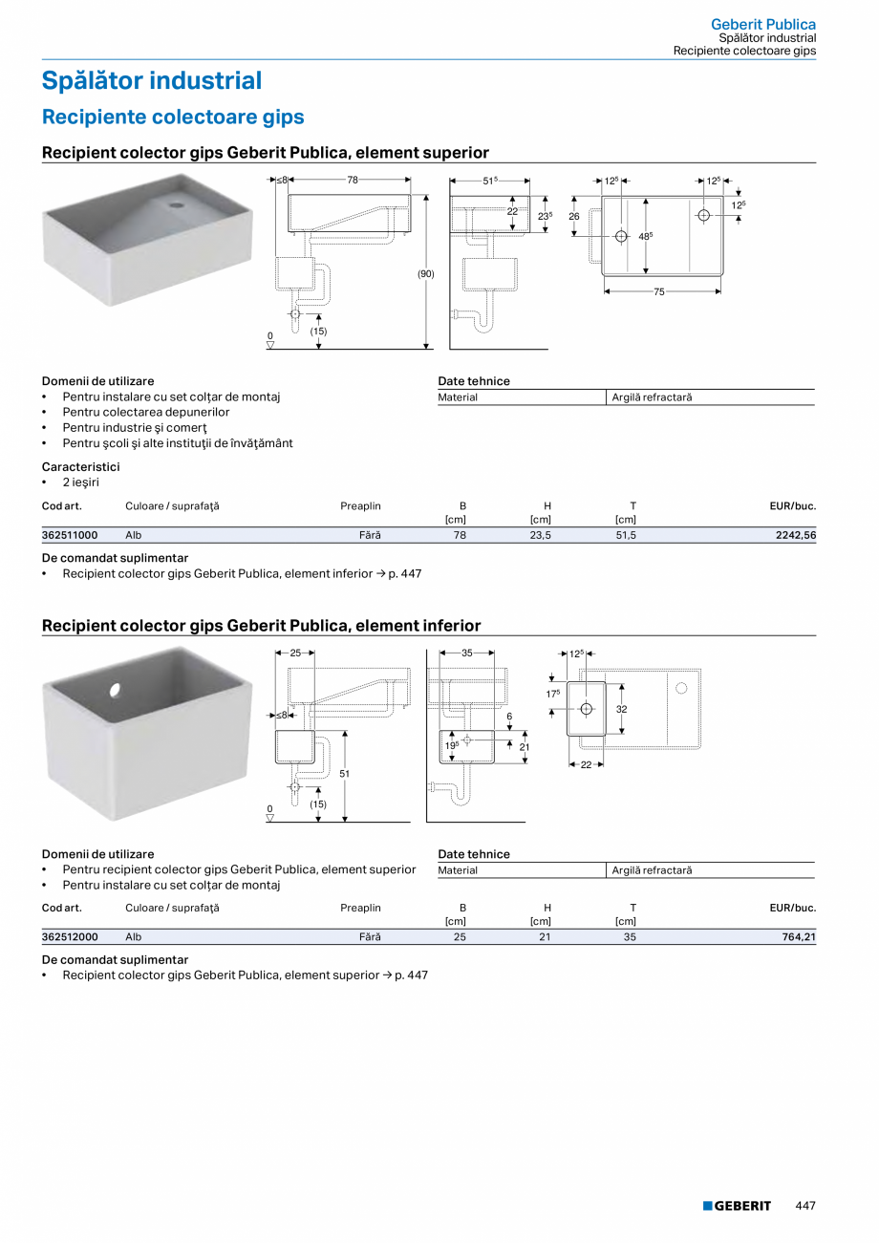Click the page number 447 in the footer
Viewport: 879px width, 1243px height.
pyautogui.click(x=805, y=1207)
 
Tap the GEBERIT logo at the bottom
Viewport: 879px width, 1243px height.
pyautogui.click(x=737, y=1207)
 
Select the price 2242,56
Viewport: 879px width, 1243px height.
pyautogui.click(x=795, y=536)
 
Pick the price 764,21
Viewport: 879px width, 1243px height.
pyautogui.click(x=798, y=937)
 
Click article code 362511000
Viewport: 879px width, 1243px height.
pyautogui.click(x=70, y=536)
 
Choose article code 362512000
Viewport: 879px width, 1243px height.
pyautogui.click(x=70, y=937)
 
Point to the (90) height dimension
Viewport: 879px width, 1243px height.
pyautogui.click(x=425, y=274)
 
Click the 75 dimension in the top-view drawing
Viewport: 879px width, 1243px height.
pyautogui.click(x=659, y=291)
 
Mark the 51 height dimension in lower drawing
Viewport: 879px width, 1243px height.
pyautogui.click(x=344, y=774)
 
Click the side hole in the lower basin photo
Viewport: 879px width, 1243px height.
pyautogui.click(x=115, y=689)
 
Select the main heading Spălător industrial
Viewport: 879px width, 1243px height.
pyautogui.click(x=151, y=81)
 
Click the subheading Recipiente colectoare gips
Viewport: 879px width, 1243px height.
pyautogui.click(x=173, y=118)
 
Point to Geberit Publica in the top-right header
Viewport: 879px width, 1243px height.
pyautogui.click(x=762, y=24)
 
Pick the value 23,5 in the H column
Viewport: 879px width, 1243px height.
pyautogui.click(x=541, y=536)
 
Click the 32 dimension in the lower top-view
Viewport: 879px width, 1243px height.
pyautogui.click(x=621, y=709)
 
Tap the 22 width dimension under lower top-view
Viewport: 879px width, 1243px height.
pyautogui.click(x=586, y=764)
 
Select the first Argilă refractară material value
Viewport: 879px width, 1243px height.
pyautogui.click(x=652, y=397)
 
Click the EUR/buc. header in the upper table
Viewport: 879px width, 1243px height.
pyautogui.click(x=792, y=505)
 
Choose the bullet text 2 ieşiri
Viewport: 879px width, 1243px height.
pyautogui.click(x=81, y=482)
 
